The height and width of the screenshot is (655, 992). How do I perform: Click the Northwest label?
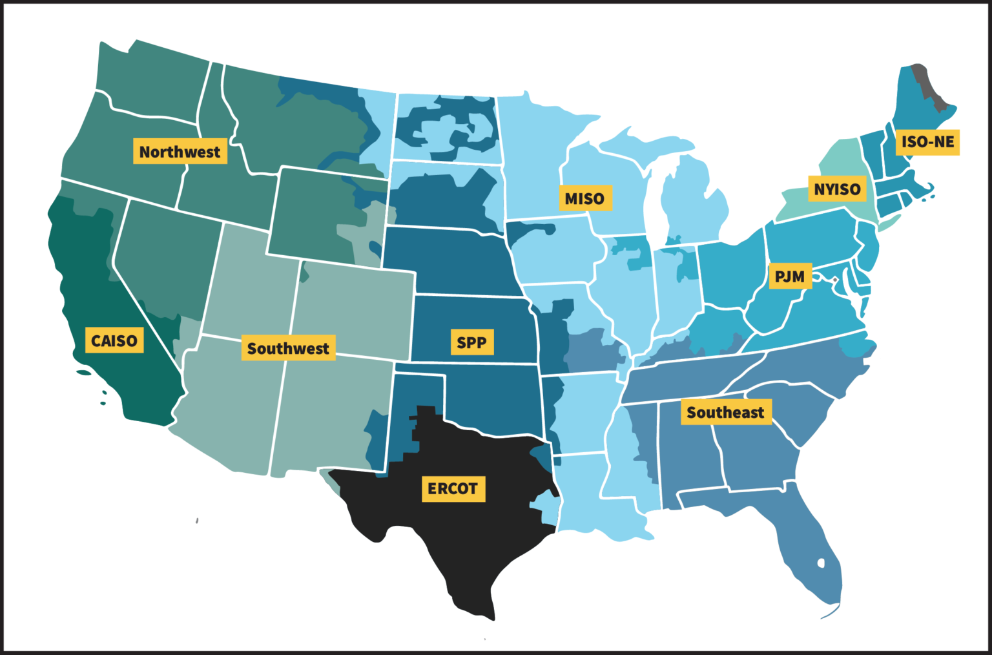180,151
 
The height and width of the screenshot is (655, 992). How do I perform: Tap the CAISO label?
114,340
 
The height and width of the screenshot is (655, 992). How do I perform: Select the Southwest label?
287,348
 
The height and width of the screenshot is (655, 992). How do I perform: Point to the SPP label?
471,342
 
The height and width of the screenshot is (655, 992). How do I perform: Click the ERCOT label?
453,488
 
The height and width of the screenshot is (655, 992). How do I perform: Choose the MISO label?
584,198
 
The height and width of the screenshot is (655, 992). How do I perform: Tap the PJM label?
789,276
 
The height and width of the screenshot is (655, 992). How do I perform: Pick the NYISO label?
836,189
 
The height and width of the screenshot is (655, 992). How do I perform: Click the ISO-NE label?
927,142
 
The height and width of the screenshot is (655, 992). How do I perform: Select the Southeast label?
725,412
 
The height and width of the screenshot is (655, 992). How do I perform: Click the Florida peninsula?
811,549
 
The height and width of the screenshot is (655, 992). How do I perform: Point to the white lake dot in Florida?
821,563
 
